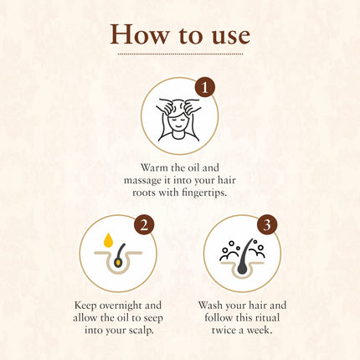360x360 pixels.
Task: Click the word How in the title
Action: [x=140, y=34]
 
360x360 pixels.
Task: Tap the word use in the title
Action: [x=231, y=37]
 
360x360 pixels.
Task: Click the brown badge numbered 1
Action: [x=205, y=88]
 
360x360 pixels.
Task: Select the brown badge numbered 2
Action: [x=144, y=224]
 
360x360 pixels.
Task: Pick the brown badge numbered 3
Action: [x=267, y=224]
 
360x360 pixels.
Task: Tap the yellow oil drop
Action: [x=108, y=240]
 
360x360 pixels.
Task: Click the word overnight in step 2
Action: [x=121, y=306]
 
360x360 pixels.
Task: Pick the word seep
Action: [x=153, y=319]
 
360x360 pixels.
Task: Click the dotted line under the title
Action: [x=180, y=54]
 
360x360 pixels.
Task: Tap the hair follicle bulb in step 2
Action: [x=118, y=263]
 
